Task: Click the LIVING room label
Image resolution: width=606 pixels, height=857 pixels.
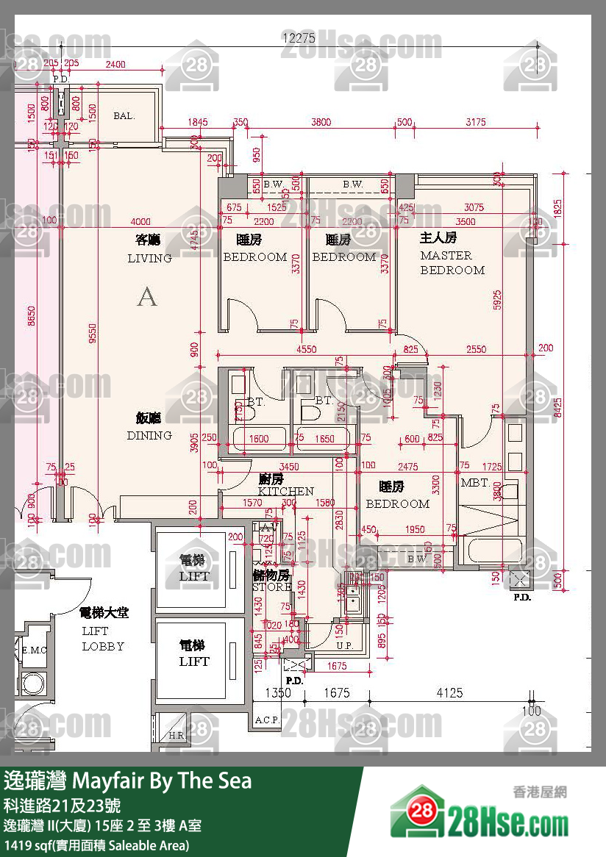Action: tap(149, 258)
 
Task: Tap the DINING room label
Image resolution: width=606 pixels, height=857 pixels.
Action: tap(149, 435)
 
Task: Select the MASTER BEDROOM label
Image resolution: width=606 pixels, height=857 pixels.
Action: tap(452, 263)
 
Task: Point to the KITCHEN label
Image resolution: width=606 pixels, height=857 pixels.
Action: tap(285, 490)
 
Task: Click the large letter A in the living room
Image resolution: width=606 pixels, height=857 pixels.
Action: tap(147, 298)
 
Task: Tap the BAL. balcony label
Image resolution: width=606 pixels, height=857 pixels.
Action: tap(124, 115)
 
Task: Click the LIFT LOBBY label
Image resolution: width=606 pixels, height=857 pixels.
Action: tap(103, 639)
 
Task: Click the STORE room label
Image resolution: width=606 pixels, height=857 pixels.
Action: tap(271, 587)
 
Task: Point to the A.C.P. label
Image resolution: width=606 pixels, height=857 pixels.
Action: tap(266, 720)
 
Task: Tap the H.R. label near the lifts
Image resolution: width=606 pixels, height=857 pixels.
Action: tap(177, 735)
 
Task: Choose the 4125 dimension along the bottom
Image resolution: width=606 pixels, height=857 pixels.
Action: tap(449, 692)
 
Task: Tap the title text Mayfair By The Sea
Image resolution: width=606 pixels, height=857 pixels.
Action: tap(128, 781)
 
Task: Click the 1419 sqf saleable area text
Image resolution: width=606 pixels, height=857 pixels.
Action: tap(96, 845)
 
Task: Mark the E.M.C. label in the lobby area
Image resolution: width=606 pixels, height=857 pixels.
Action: tap(33, 650)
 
